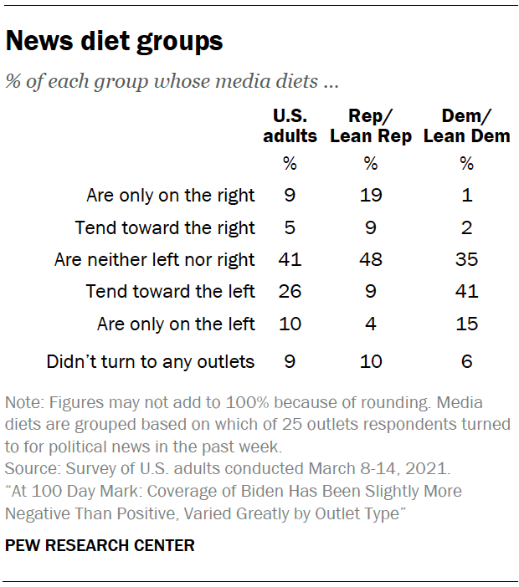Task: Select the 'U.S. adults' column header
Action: point(290,125)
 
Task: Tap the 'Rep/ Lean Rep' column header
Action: point(371,125)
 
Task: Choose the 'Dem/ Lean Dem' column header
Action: point(466,125)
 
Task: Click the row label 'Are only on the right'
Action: point(171,196)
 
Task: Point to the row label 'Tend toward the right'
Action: point(165,227)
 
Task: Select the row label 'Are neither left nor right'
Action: point(155,259)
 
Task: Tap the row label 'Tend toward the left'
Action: point(171,291)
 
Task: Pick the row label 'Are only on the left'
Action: point(177,323)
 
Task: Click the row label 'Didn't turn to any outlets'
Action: point(151,362)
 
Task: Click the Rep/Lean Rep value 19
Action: point(371,196)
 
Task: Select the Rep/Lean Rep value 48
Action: point(371,259)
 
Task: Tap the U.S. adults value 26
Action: point(290,291)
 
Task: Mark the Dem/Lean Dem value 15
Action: point(466,323)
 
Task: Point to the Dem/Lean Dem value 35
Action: point(466,259)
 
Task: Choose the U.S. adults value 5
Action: point(290,227)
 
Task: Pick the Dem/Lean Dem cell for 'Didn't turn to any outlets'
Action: point(466,362)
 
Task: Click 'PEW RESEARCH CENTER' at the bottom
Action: point(100,545)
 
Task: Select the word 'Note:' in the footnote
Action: point(23,403)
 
